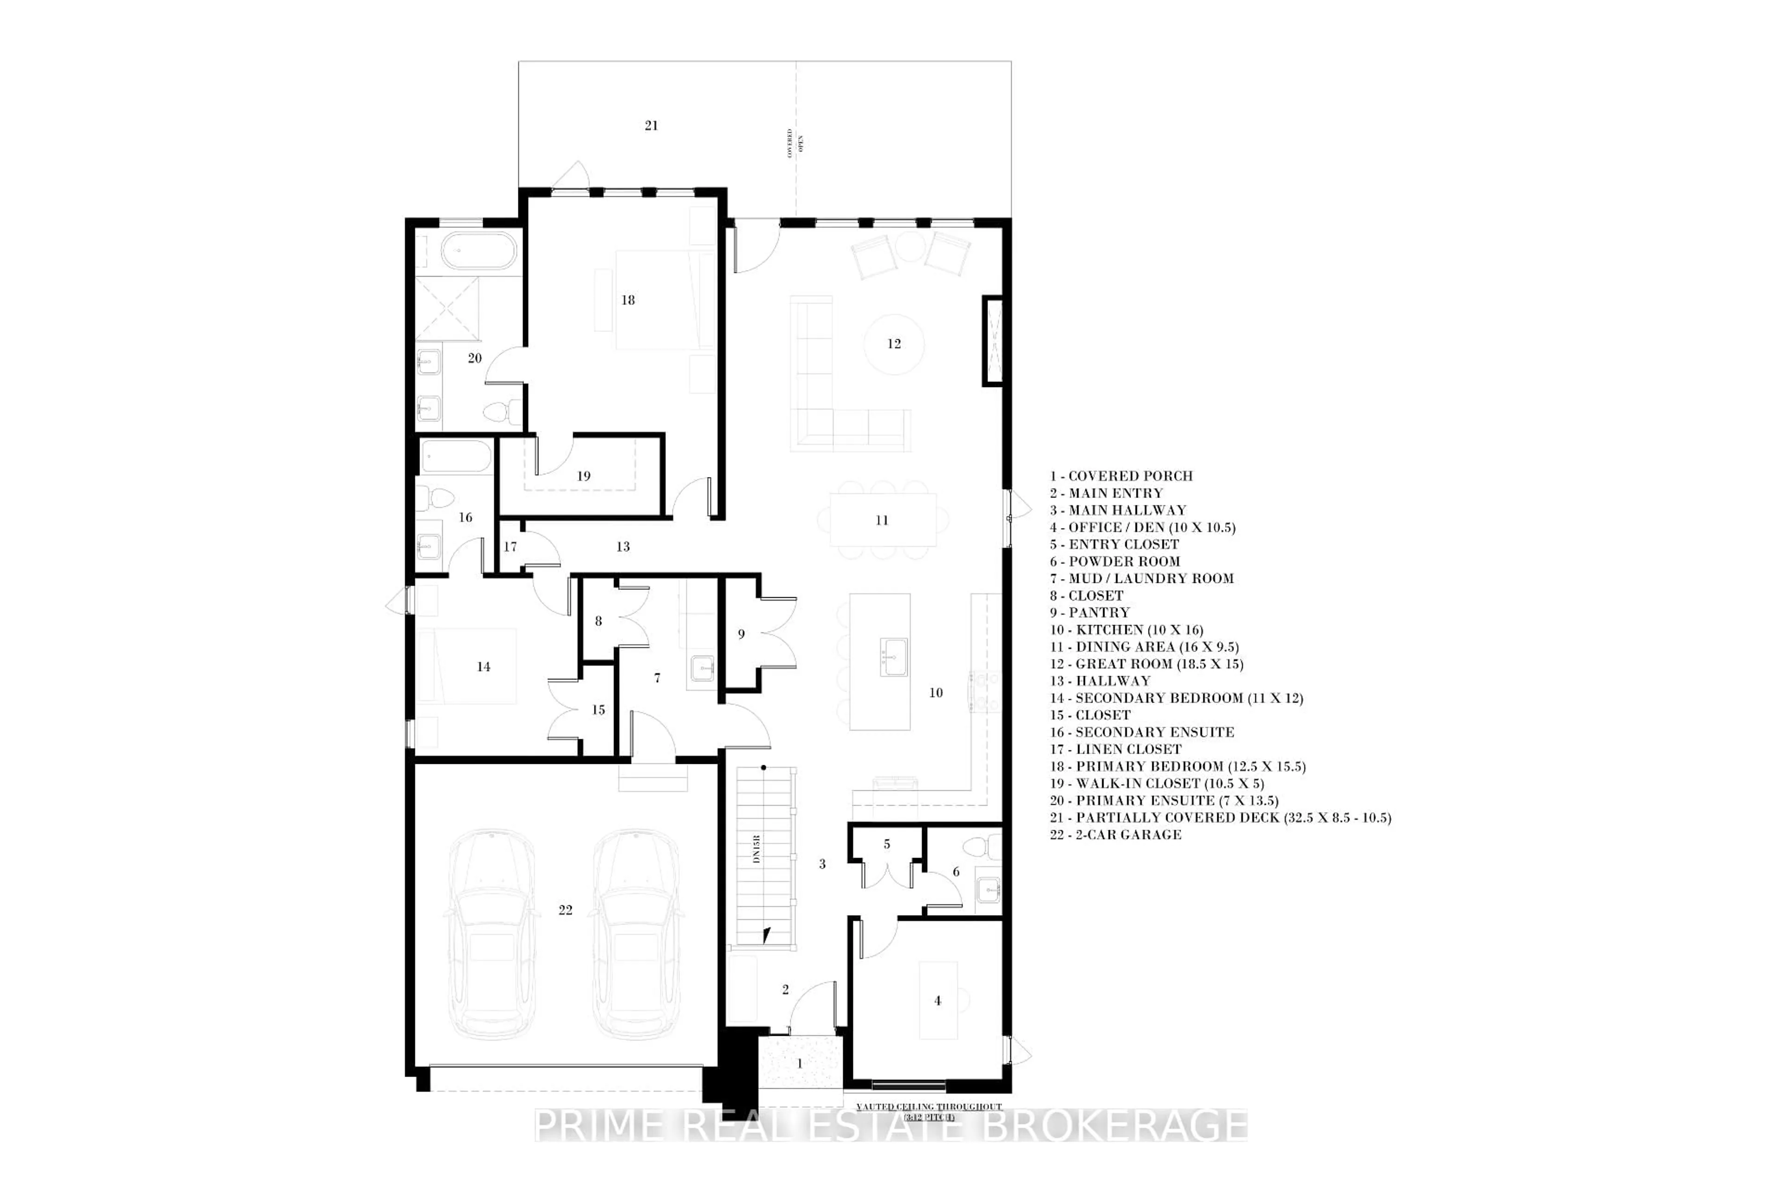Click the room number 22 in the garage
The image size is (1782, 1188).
pyautogui.click(x=565, y=910)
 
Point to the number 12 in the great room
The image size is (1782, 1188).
pyautogui.click(x=894, y=344)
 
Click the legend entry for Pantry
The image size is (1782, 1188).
pyautogui.click(x=1090, y=612)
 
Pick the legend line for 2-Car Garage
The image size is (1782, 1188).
pyautogui.click(x=1115, y=834)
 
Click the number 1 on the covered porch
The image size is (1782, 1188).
pyautogui.click(x=799, y=1064)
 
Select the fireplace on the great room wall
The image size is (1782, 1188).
pyautogui.click(x=993, y=341)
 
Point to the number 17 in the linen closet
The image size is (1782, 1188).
pyautogui.click(x=510, y=546)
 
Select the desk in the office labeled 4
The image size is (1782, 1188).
pyautogui.click(x=938, y=1000)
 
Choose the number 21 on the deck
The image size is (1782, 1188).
pyautogui.click(x=651, y=126)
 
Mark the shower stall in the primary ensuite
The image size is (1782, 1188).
pyautogui.click(x=448, y=309)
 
